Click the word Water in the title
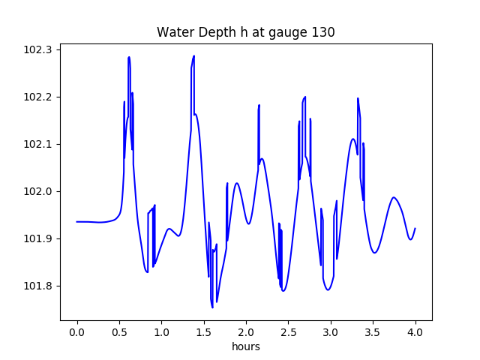click(174, 32)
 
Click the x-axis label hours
click(246, 347)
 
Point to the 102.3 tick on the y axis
click(37, 49)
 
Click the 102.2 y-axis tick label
click(37, 97)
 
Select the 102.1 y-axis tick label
click(37, 144)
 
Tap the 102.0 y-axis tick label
click(37, 191)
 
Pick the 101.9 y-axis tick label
click(37, 238)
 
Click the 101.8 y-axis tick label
click(37, 286)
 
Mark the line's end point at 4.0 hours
click(415, 229)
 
